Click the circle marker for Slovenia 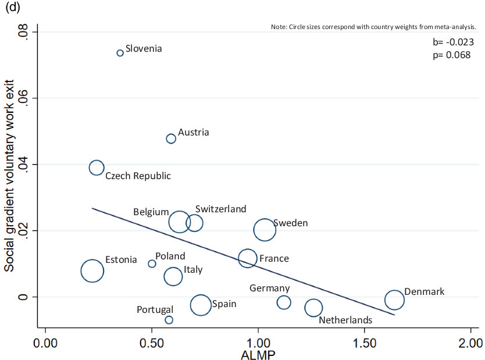[x=120, y=53]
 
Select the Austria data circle [x=171, y=138]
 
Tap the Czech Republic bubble [x=97, y=167]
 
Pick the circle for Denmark [x=394, y=300]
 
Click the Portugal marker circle [x=169, y=320]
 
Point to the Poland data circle [x=152, y=263]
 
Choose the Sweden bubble [x=265, y=230]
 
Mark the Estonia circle [x=92, y=270]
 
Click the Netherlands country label [x=345, y=320]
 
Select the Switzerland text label [x=221, y=209]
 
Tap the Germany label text [x=269, y=288]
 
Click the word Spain [x=224, y=304]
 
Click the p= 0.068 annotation [x=452, y=55]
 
